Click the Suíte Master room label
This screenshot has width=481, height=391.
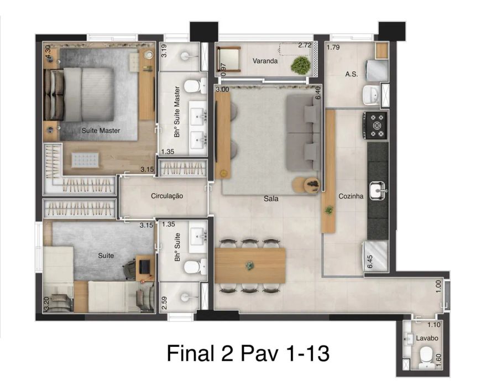click(x=101, y=131)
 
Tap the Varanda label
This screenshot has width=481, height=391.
click(x=265, y=61)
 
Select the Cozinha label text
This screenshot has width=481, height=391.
click(x=351, y=196)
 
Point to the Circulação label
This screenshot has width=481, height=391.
click(x=167, y=196)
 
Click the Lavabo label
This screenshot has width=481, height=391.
click(x=427, y=338)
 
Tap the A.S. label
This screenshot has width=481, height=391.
click(x=351, y=74)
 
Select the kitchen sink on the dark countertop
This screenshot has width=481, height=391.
click(x=378, y=191)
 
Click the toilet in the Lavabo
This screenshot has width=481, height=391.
click(x=427, y=358)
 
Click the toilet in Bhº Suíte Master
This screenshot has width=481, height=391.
click(x=195, y=86)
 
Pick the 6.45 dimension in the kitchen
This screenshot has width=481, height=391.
click(x=370, y=262)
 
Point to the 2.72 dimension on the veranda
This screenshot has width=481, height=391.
click(x=305, y=45)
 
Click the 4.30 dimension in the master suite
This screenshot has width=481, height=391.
click(x=48, y=51)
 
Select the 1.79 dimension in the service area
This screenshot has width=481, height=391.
click(x=333, y=47)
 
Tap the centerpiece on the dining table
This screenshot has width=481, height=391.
click(x=250, y=265)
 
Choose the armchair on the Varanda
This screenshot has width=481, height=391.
click(x=228, y=60)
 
